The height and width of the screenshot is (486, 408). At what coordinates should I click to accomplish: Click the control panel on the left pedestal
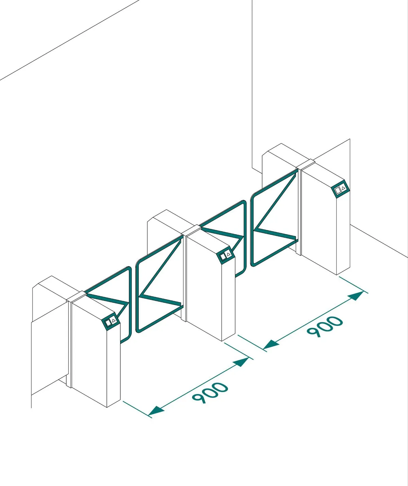[111, 322]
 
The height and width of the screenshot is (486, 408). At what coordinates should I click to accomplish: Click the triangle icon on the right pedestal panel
[343, 187]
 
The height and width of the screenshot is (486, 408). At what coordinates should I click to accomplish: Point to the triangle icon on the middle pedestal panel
[228, 254]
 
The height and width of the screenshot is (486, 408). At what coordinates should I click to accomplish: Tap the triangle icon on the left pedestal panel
[114, 321]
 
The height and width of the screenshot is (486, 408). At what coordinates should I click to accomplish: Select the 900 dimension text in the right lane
[325, 326]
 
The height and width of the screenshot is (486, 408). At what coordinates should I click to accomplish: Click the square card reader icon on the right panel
[338, 191]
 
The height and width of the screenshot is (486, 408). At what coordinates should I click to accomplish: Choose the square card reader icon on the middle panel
[223, 257]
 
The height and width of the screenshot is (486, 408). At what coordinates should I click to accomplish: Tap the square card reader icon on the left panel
[108, 324]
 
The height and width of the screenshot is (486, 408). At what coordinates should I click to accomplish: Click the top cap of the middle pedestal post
[191, 230]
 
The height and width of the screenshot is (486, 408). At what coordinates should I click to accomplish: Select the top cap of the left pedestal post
[76, 296]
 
